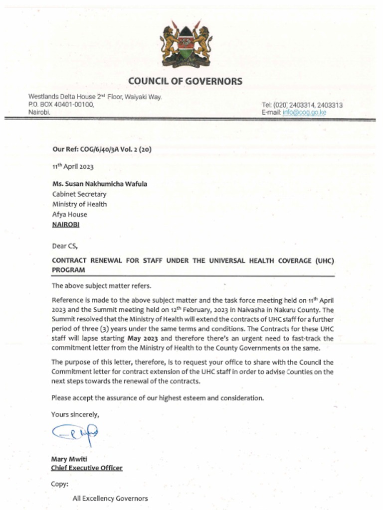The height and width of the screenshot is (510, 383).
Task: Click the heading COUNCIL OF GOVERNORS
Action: click(185, 81)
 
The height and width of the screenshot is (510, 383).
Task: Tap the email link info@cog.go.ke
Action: click(305, 113)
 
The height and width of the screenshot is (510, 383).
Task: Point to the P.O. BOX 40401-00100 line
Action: click(61, 105)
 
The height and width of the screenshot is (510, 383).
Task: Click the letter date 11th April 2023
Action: click(73, 166)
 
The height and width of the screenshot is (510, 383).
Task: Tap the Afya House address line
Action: click(70, 214)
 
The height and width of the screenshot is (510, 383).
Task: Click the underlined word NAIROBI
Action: click(66, 225)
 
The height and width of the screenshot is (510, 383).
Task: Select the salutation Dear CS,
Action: click(65, 245)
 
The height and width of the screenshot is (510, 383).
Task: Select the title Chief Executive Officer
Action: click(87, 468)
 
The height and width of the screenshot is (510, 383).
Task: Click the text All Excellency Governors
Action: click(110, 498)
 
